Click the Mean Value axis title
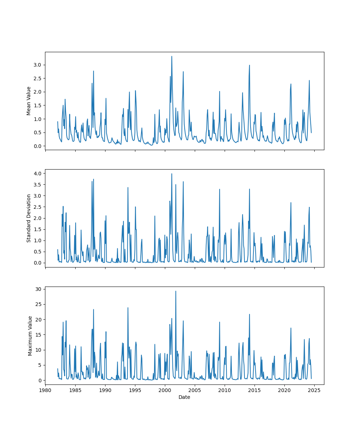pos(29,101)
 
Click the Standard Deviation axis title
pos(29,218)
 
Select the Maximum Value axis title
pos(30,336)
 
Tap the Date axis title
pos(184,397)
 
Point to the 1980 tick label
pos(45,390)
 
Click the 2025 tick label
pos(314,390)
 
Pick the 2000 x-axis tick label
pos(165,390)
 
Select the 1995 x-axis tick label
pos(135,390)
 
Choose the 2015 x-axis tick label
pos(255,390)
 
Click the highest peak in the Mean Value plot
pos(172,56)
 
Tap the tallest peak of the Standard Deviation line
pos(172,174)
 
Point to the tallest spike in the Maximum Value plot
pos(176,291)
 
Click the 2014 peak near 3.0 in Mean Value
pos(249,65)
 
